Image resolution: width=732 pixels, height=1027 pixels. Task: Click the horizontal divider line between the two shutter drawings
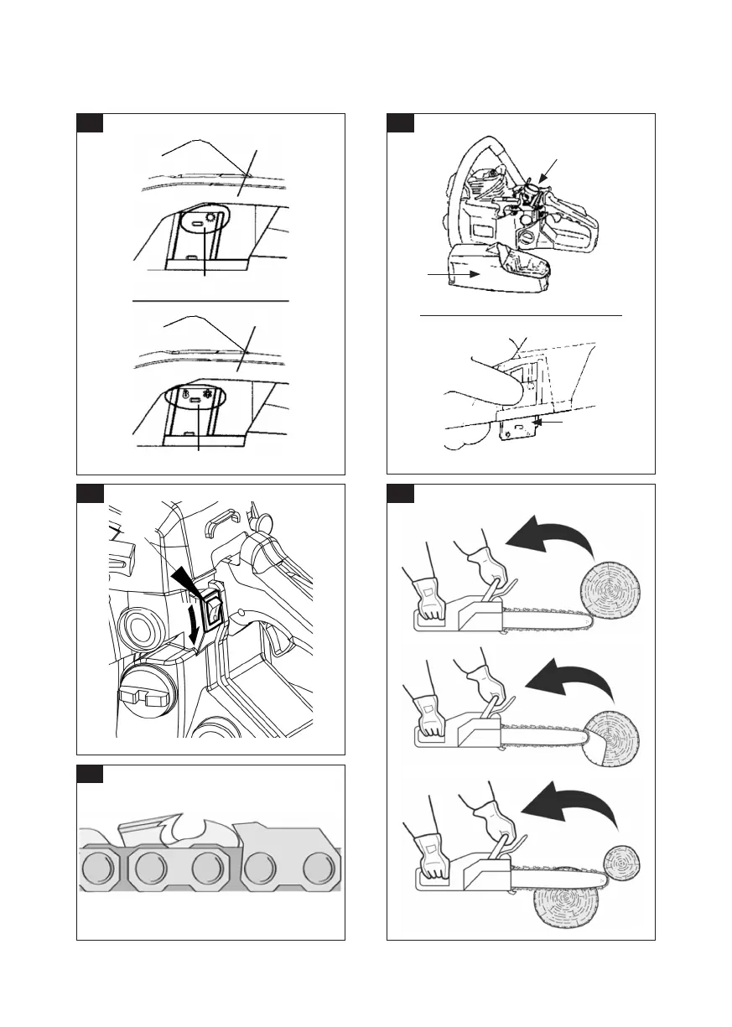(210, 299)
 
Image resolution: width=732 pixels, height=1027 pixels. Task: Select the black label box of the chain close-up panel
(91, 773)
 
